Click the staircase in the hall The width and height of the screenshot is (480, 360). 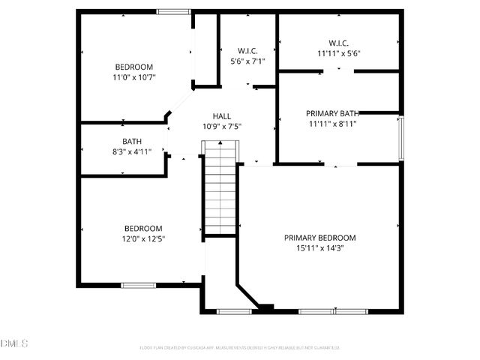[x=220, y=189]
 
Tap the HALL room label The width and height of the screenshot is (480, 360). [x=221, y=116]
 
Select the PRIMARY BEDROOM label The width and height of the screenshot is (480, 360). [x=319, y=238]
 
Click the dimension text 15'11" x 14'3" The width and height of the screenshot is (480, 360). [x=319, y=249]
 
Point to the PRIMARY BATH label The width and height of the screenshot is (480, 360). [x=331, y=113]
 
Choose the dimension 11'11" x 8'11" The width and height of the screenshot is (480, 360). [x=331, y=124]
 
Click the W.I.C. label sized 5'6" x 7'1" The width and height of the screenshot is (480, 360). [x=246, y=51]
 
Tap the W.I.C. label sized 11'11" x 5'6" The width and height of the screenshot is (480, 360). [x=339, y=43]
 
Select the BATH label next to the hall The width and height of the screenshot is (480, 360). [x=132, y=141]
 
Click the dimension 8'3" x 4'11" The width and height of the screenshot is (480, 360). [x=132, y=151]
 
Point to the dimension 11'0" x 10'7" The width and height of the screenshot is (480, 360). [x=135, y=76]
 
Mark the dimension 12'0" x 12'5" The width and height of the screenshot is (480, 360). [x=143, y=239]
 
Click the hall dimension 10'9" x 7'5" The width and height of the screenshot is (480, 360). [x=221, y=127]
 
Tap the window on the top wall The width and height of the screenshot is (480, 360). [x=173, y=11]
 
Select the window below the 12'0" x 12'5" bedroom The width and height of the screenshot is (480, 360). [x=139, y=285]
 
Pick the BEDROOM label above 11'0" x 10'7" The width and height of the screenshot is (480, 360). [x=135, y=66]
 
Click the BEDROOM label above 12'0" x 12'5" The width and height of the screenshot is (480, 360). [x=143, y=229]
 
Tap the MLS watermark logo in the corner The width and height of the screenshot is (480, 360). [x=13, y=343]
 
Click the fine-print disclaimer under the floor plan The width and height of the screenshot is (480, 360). [x=240, y=347]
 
